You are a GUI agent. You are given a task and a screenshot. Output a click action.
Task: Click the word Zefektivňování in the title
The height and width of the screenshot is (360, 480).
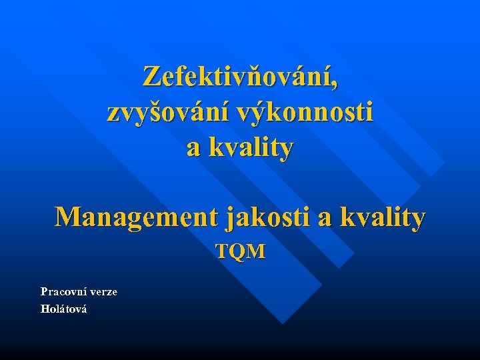click(x=237, y=77)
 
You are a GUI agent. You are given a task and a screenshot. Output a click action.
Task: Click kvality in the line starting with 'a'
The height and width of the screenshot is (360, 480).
click(x=249, y=147)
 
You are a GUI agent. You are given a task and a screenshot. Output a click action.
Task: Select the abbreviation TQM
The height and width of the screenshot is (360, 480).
click(x=240, y=251)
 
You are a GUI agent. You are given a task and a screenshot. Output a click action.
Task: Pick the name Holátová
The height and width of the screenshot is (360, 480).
click(x=63, y=309)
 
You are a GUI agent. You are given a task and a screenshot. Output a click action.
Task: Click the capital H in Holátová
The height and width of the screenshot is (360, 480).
click(x=44, y=309)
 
